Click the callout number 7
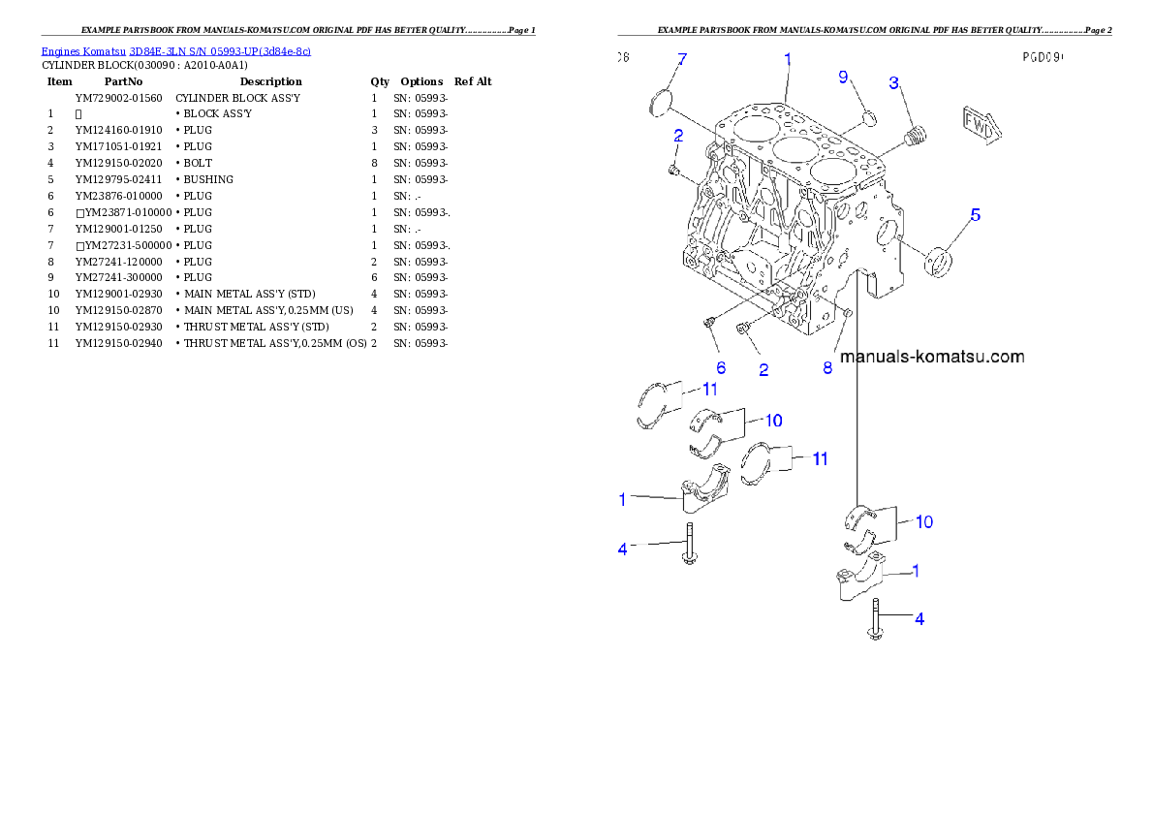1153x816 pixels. point(681,60)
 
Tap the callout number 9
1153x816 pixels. point(843,77)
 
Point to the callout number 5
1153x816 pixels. point(976,214)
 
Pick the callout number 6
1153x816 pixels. point(721,367)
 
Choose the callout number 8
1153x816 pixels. point(827,367)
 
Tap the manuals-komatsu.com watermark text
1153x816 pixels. point(931,357)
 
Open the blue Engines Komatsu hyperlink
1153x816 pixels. point(175,51)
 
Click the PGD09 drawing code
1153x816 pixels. point(1043,57)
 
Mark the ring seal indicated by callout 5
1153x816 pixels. point(938,260)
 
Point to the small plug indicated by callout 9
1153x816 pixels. point(869,118)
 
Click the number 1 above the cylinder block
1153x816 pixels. point(788,59)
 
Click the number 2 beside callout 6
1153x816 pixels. point(763,368)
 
